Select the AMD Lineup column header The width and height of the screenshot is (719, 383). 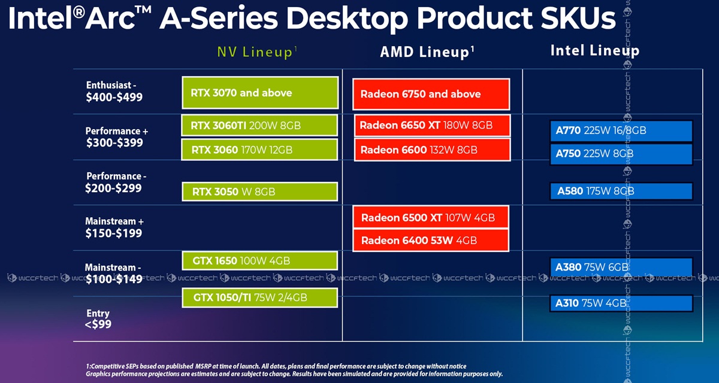[x=427, y=51]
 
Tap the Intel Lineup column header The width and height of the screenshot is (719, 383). [x=595, y=51]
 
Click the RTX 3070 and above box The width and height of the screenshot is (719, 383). [x=260, y=93]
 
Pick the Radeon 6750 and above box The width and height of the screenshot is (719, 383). [x=431, y=94]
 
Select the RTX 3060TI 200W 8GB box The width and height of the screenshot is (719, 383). [x=259, y=125]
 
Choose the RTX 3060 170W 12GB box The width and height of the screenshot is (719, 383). [x=259, y=150]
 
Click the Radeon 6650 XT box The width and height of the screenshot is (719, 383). [x=433, y=125]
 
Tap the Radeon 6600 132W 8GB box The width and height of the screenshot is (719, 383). [x=433, y=150]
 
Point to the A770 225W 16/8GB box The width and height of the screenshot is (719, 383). [x=621, y=131]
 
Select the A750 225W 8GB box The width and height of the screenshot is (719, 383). [x=621, y=154]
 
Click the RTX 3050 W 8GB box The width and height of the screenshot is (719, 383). [x=259, y=191]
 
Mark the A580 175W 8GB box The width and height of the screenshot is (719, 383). [x=621, y=191]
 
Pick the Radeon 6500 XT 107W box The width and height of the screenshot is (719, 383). [x=431, y=217]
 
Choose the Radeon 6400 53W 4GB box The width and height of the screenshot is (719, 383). [x=431, y=240]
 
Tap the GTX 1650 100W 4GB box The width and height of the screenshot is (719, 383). [x=259, y=260]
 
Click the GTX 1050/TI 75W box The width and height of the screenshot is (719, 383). [x=259, y=298]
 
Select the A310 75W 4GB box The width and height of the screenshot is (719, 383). [x=621, y=303]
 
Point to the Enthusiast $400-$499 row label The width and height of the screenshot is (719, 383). [x=114, y=92]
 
